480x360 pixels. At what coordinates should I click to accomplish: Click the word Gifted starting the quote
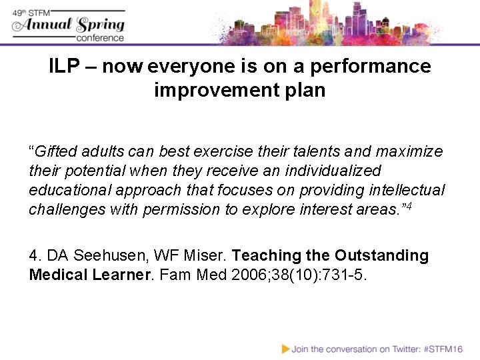55,151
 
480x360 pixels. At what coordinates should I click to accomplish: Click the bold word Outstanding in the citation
381,255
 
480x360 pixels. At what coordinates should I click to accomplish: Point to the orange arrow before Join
285,349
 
